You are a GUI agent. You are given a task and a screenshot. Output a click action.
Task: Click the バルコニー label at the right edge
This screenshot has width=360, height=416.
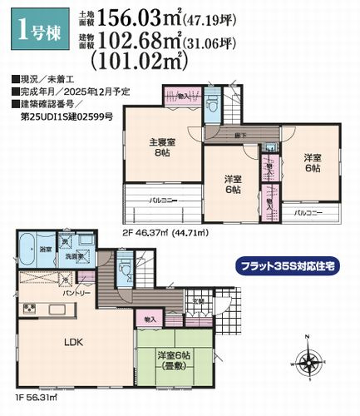[310, 214]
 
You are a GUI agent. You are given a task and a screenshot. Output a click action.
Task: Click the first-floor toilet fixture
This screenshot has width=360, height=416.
[124, 268]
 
